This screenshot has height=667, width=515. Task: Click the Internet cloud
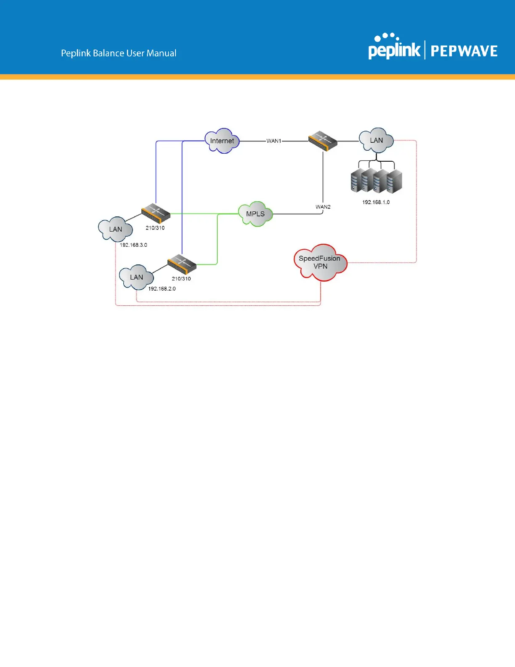(x=222, y=141)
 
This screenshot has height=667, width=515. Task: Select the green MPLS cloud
(x=255, y=214)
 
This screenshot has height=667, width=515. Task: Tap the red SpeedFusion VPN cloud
(x=320, y=263)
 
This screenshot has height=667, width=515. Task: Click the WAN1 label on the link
(x=274, y=141)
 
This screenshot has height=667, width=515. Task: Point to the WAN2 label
(x=323, y=207)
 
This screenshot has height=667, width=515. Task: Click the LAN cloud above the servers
(x=376, y=140)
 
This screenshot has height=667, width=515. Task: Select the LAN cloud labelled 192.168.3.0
(x=115, y=229)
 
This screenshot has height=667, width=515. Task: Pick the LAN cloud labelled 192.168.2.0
(x=136, y=277)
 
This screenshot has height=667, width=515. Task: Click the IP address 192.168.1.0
(x=376, y=202)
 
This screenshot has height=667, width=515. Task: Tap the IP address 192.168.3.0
(x=133, y=245)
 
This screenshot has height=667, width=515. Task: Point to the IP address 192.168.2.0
(x=162, y=289)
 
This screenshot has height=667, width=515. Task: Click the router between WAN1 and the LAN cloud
(x=323, y=141)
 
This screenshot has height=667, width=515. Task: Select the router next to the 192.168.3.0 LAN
(x=156, y=213)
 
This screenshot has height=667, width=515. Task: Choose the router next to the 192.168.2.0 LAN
(x=182, y=264)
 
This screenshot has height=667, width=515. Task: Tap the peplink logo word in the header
(x=394, y=50)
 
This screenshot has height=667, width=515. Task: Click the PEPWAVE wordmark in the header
(x=464, y=51)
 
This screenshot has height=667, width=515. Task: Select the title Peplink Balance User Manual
(x=119, y=53)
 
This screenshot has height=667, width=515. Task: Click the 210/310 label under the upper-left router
(x=155, y=228)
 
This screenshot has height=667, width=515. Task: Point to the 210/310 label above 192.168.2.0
(x=181, y=279)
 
